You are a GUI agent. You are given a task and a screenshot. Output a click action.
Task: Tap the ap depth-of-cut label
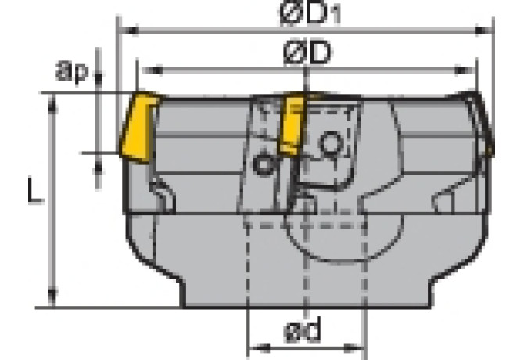point(73,73)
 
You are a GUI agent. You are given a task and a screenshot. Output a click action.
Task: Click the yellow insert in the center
point(293,125)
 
